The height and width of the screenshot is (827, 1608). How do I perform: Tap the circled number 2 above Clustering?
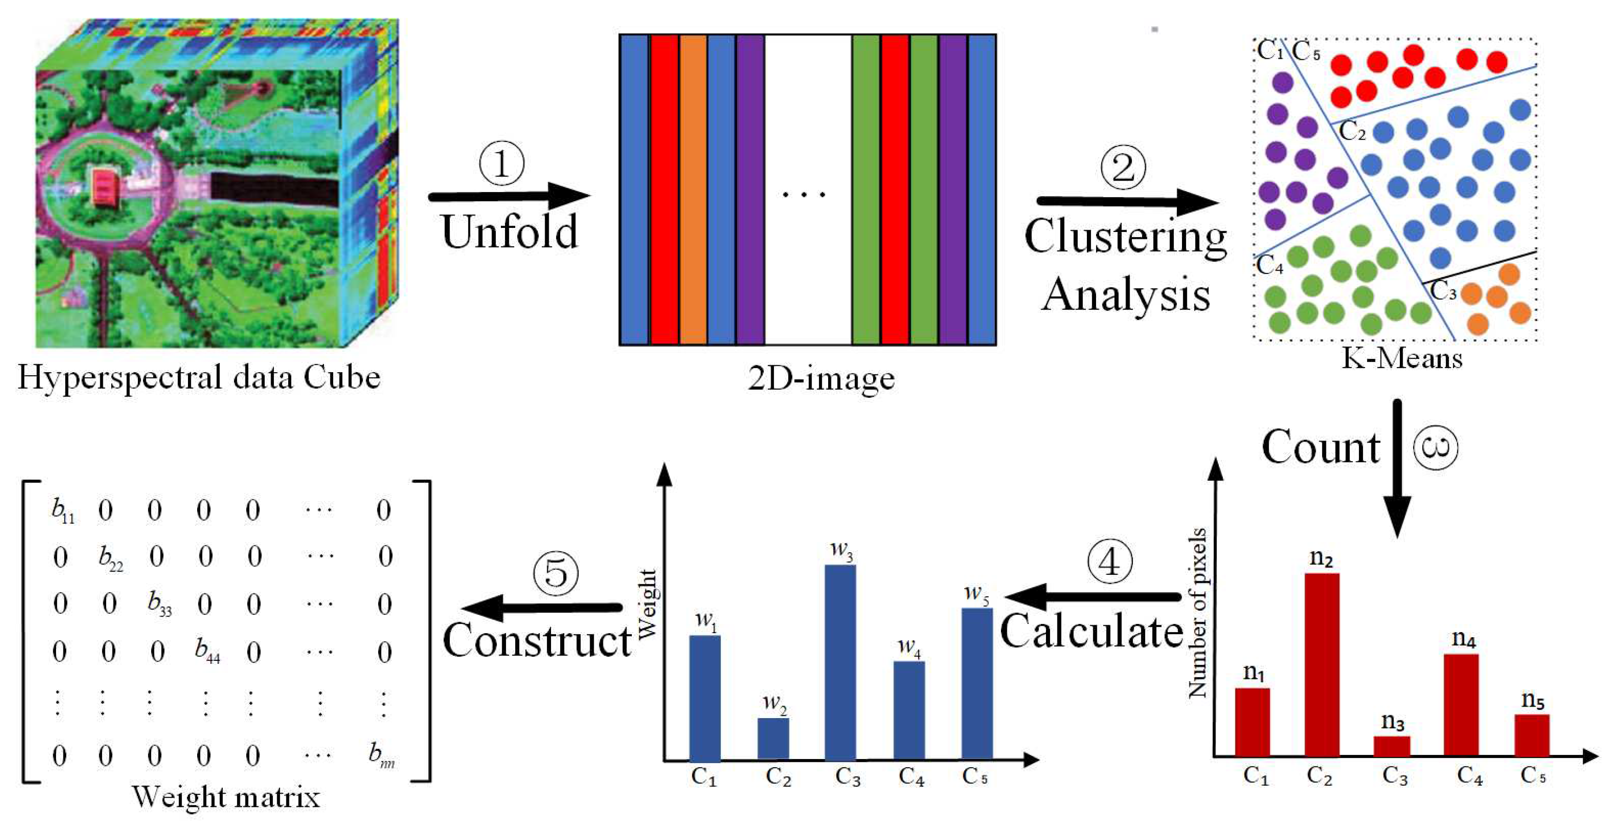(1123, 167)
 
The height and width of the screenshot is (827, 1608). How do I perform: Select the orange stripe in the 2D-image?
(693, 189)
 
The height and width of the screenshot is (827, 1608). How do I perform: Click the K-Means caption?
(1401, 358)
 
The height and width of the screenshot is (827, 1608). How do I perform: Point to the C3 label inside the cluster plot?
(1443, 291)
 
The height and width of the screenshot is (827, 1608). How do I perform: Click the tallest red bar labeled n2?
(1322, 665)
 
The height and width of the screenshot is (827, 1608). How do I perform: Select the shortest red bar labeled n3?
(1392, 747)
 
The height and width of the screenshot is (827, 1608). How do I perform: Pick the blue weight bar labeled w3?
(840, 662)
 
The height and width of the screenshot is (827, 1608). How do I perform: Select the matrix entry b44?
(207, 651)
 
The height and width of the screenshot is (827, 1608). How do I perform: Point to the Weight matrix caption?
(226, 797)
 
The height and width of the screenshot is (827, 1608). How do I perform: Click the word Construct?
(537, 641)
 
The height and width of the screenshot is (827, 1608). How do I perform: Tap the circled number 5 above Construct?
(556, 573)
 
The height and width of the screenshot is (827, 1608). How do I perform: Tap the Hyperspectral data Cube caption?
(199, 378)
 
